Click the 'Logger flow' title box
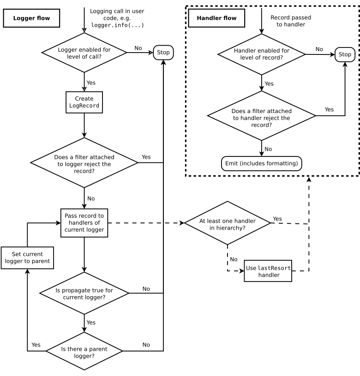point(31,18)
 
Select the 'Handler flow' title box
point(216,18)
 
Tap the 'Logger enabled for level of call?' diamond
point(84,53)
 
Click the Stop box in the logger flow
point(163,53)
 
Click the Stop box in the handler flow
point(345,54)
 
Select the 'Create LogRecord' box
point(84,102)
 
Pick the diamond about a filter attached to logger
point(84,163)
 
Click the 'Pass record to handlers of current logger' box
point(84,223)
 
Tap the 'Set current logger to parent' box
point(27,258)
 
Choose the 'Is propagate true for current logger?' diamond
point(84,293)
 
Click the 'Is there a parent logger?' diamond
point(84,352)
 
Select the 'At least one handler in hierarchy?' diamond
point(228,223)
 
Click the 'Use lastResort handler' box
point(268,271)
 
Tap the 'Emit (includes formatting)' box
point(262,163)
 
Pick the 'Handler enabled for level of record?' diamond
point(262,54)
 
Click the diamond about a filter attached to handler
point(262,115)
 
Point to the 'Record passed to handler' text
point(291,21)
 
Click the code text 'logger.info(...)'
point(118,25)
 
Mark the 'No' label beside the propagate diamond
point(146,289)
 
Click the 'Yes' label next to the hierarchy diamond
point(277,219)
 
